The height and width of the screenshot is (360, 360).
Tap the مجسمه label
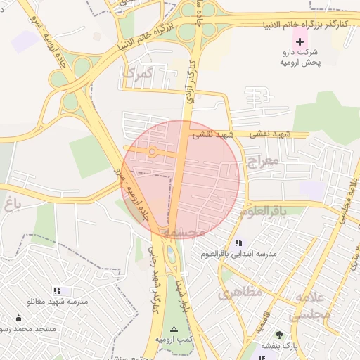click(x=184, y=231)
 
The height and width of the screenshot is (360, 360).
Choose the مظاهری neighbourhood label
click(x=240, y=292)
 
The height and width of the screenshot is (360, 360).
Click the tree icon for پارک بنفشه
click(x=280, y=334)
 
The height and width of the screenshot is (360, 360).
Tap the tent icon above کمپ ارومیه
click(x=174, y=329)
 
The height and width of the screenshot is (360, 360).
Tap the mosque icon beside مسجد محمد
click(x=18, y=318)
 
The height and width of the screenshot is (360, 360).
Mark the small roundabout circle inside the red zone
click(x=152, y=151)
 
